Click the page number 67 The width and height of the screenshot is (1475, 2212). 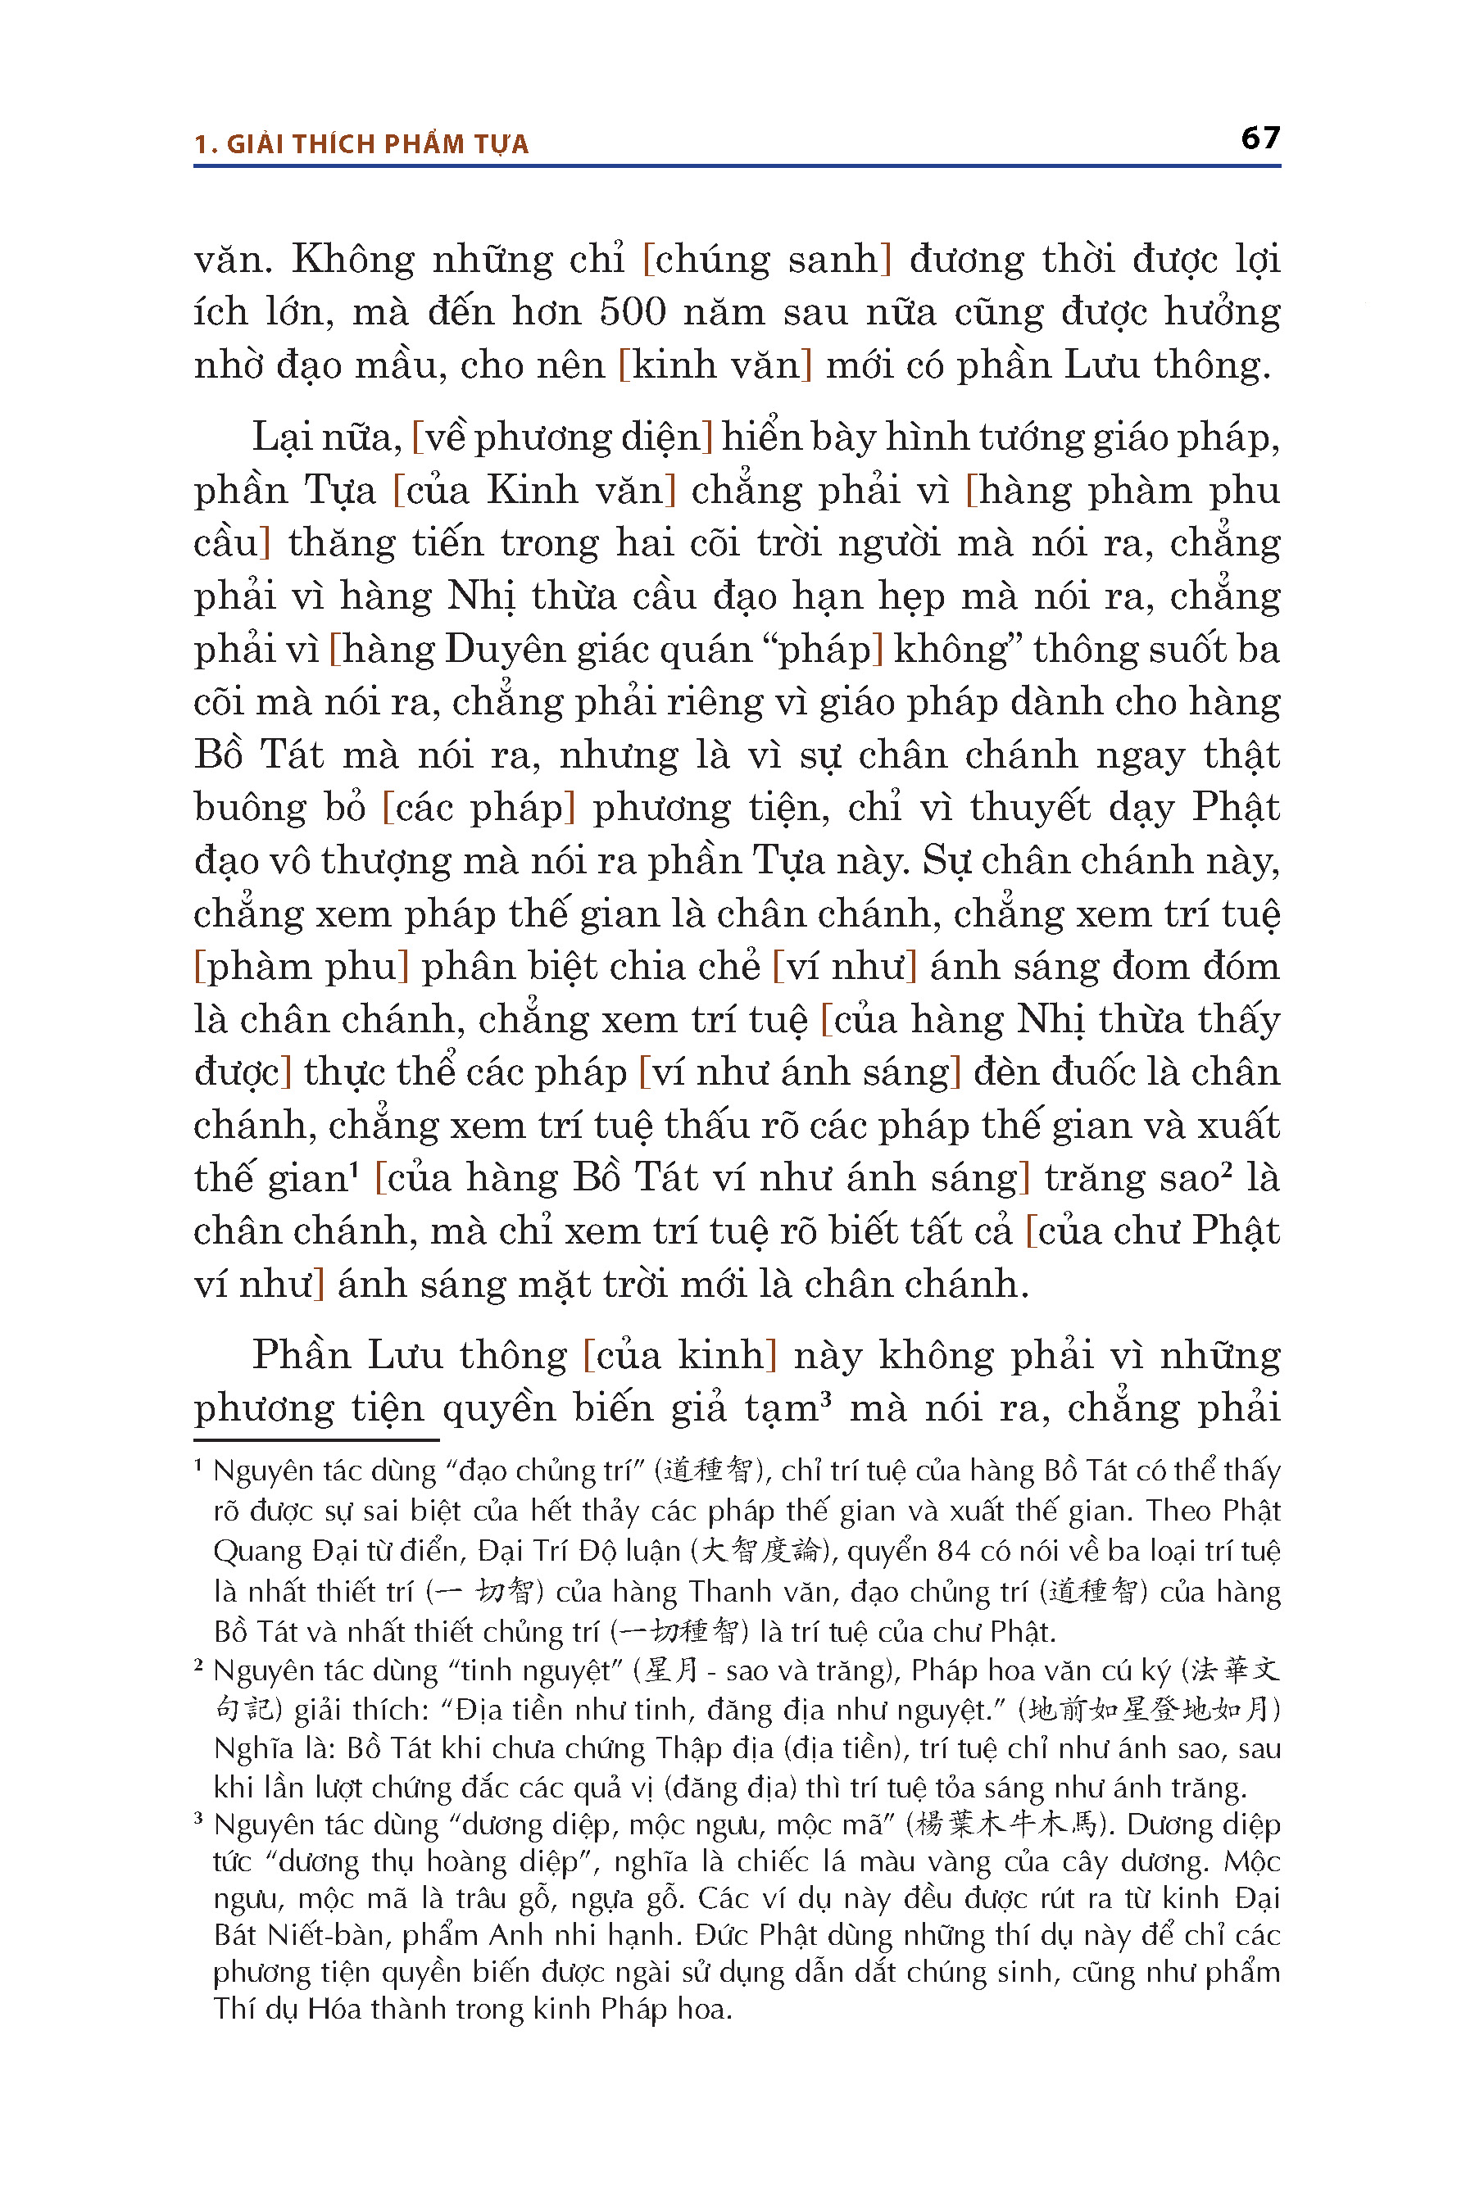pos(1259,138)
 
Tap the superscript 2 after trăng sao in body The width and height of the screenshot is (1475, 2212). pos(1227,1169)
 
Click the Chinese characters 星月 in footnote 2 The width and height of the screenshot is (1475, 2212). pos(672,1670)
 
